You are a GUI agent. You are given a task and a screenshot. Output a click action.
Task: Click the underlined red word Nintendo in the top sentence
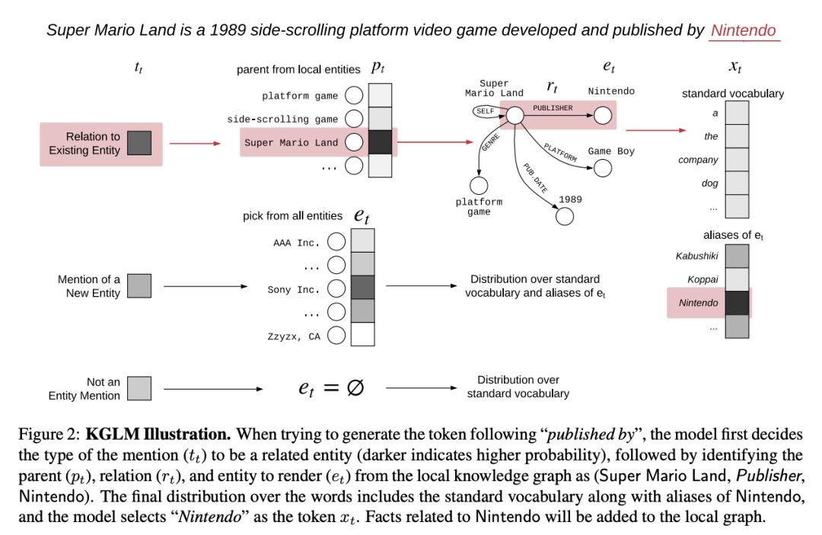743,30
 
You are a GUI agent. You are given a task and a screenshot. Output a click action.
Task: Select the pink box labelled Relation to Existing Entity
100,144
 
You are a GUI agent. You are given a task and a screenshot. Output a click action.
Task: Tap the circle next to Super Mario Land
353,142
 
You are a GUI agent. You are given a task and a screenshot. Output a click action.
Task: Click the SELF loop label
484,112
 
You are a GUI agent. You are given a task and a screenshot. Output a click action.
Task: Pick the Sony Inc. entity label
294,289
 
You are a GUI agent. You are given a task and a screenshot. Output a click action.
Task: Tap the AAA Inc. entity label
297,244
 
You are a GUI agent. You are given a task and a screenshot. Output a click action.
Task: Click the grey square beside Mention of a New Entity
139,286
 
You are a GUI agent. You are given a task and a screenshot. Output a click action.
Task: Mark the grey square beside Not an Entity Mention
139,388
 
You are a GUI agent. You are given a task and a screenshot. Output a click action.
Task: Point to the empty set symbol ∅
354,387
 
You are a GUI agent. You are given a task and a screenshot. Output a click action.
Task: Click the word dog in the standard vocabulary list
709,183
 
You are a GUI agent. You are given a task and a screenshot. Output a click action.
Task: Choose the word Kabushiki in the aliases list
696,256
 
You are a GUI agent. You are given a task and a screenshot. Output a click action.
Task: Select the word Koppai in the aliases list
703,279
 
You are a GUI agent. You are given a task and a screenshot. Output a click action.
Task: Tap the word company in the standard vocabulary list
698,160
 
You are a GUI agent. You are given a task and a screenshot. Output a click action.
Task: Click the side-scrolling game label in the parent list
282,119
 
